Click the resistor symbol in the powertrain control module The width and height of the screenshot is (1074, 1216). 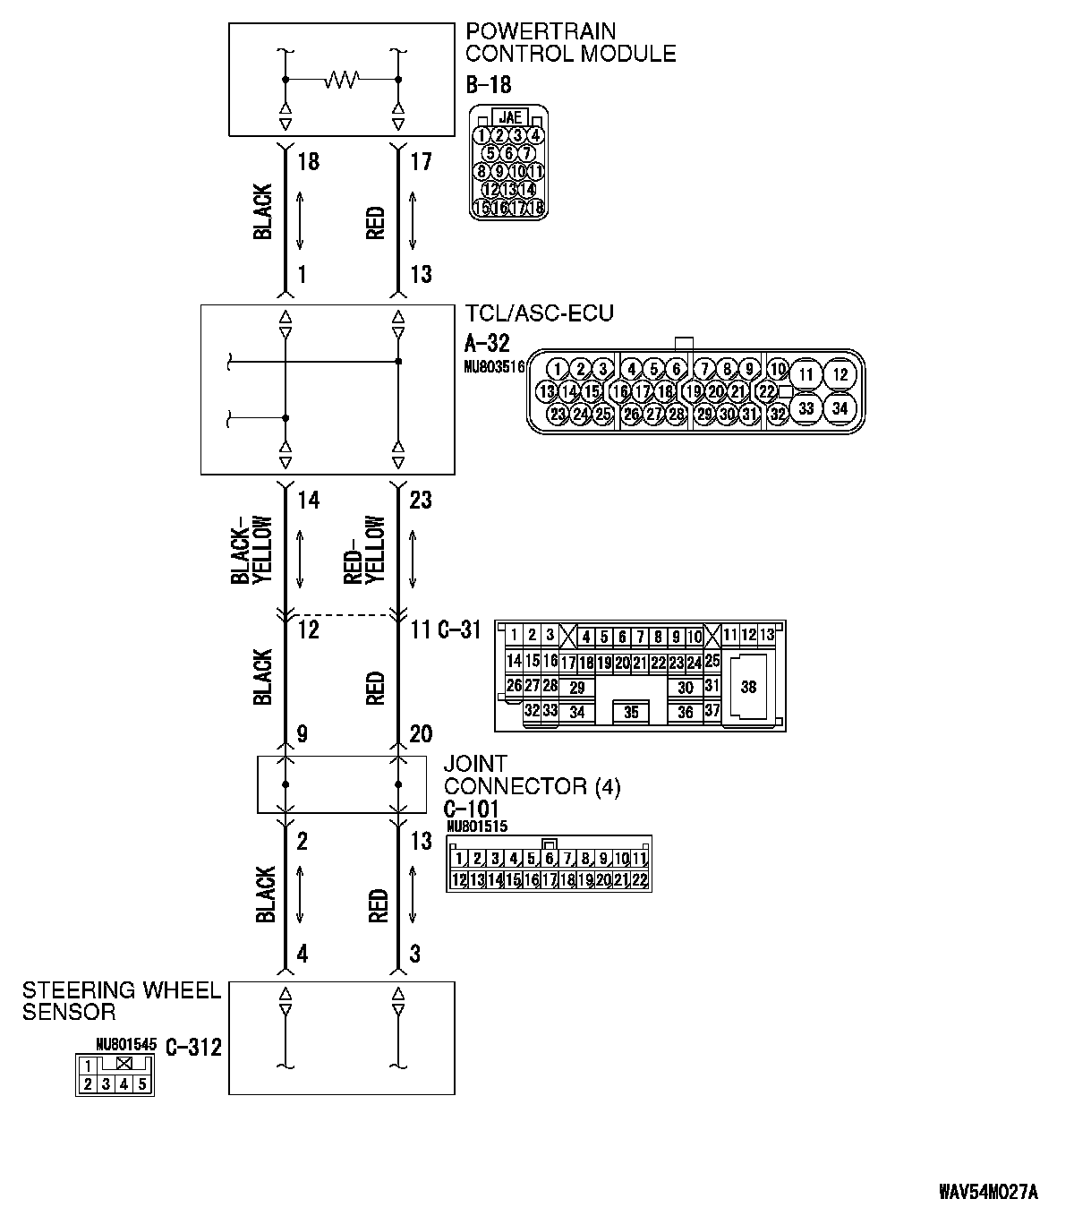pos(341,81)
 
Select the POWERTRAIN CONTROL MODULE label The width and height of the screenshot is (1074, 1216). pos(570,43)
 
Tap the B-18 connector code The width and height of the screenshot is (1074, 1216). pos(489,85)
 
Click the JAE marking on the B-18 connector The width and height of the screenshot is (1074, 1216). pos(509,117)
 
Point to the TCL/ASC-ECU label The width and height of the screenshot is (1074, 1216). pos(540,313)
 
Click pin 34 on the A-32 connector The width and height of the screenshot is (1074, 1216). pos(839,408)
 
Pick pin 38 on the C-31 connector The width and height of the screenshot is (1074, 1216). pos(749,687)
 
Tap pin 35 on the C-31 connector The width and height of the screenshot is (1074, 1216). pos(631,713)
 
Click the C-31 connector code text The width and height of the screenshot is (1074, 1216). pos(460,630)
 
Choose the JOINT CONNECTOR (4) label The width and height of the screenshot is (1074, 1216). pos(532,775)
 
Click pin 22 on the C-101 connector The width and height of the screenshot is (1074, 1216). pos(639,880)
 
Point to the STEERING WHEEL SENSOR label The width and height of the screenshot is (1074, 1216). pos(121,1001)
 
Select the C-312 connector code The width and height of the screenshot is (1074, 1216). pos(193,1046)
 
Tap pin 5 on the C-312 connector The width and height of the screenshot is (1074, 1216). pos(141,1084)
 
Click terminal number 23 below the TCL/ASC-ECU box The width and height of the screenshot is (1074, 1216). pos(420,499)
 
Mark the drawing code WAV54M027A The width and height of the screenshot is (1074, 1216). pos(988,1192)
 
